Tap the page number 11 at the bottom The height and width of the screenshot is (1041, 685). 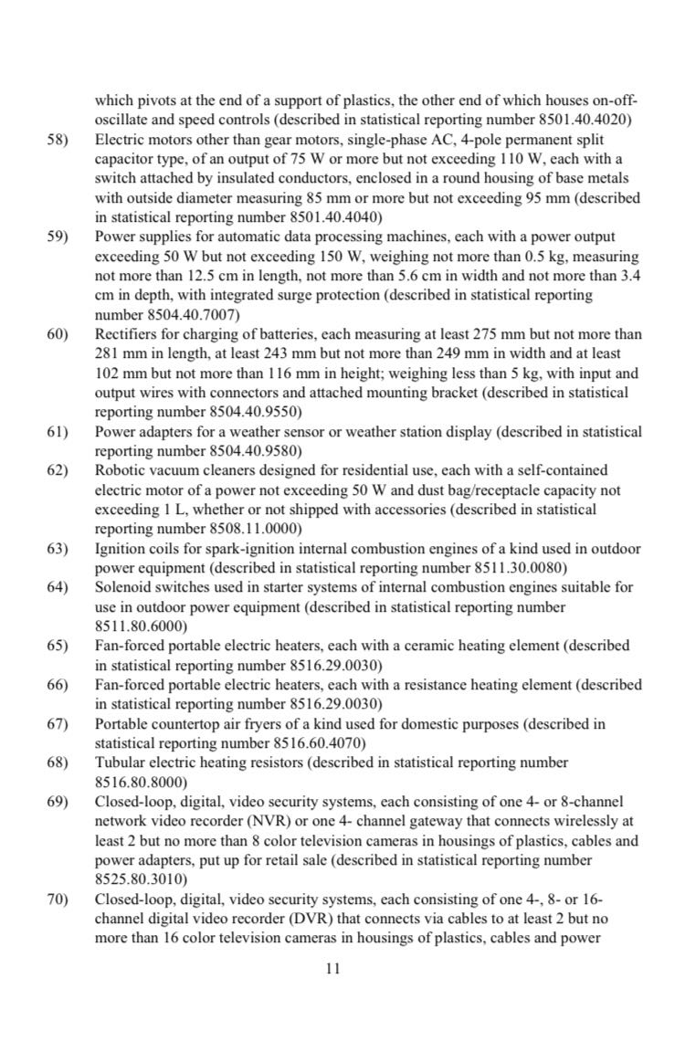[333, 969]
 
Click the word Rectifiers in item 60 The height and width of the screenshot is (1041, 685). [127, 334]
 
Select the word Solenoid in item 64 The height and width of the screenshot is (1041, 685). [122, 587]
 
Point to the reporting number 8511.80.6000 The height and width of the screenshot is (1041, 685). [141, 626]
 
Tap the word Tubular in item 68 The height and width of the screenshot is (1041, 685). [121, 762]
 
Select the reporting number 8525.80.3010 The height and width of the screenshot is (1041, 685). [141, 879]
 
